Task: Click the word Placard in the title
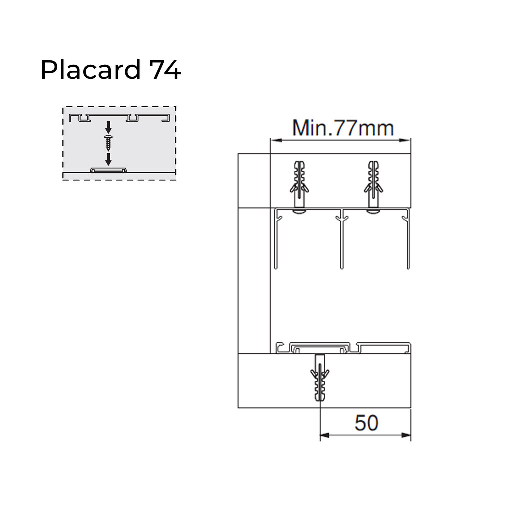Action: click(x=91, y=70)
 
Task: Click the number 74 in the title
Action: click(x=165, y=70)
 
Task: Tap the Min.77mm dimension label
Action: click(x=343, y=128)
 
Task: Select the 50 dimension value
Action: click(x=366, y=423)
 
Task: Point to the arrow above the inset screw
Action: click(x=108, y=127)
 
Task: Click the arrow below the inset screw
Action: click(x=108, y=159)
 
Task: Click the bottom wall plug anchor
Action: click(x=320, y=379)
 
